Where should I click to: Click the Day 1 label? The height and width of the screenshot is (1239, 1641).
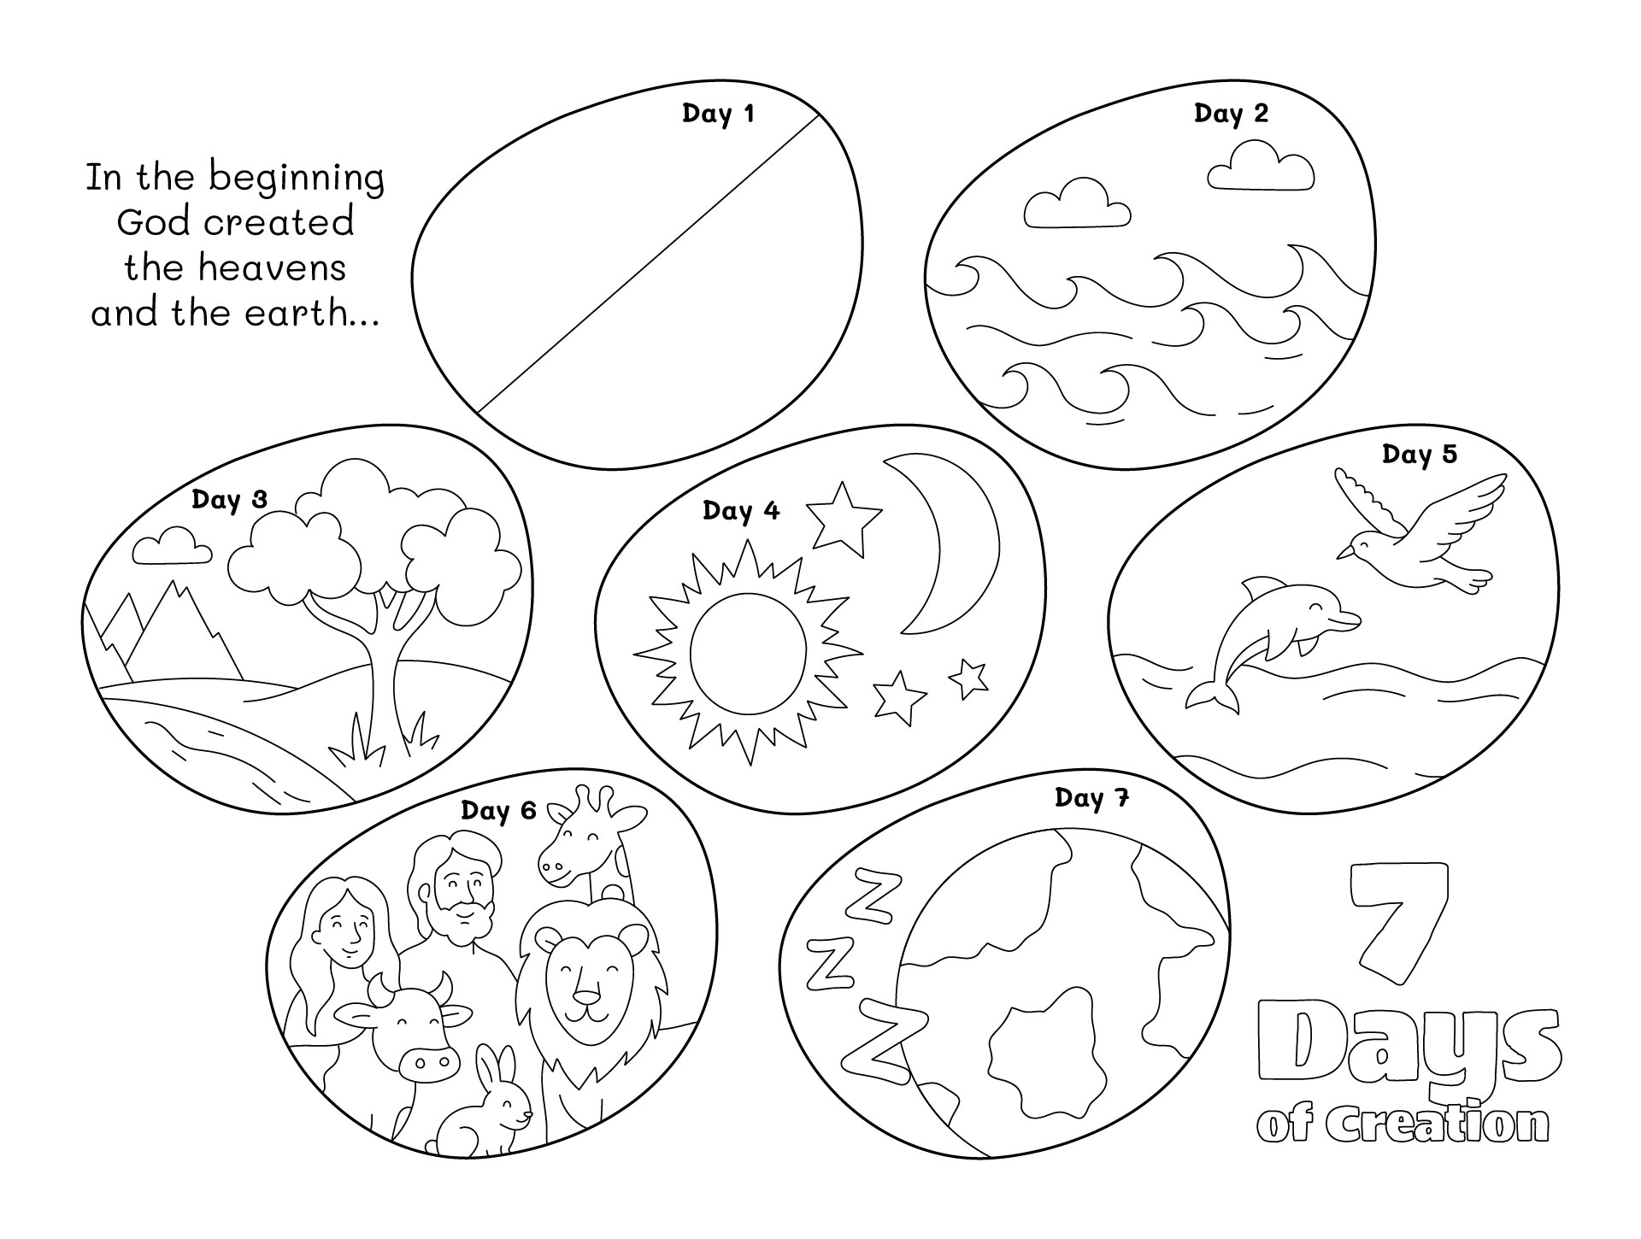pos(718,114)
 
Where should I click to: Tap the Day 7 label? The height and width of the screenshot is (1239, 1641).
pos(1091,798)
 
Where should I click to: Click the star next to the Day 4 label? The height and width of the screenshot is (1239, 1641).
pos(843,516)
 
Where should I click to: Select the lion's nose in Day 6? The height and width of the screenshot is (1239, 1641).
pos(587,997)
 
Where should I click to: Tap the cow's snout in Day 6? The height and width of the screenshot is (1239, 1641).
pos(425,1065)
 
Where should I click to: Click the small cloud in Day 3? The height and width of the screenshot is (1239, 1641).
pos(173,547)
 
